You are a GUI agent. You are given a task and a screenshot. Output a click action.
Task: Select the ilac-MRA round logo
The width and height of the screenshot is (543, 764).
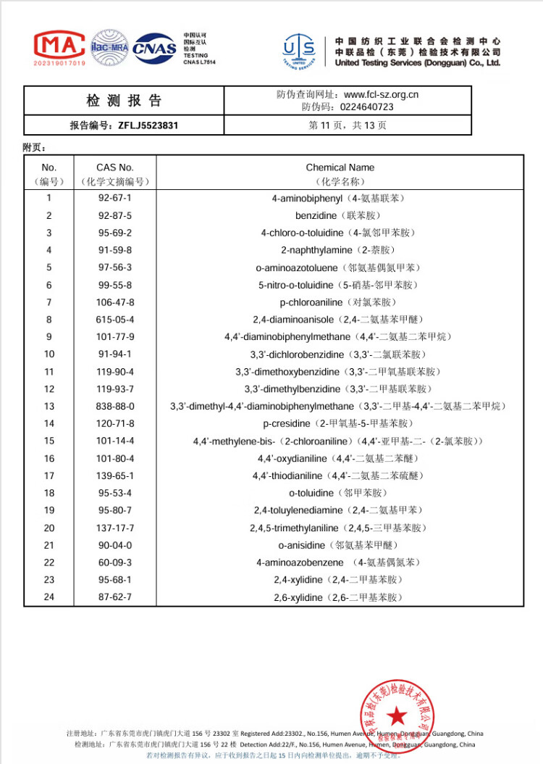(109, 48)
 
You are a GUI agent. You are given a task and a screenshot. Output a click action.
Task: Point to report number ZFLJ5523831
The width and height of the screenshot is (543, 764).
(148, 125)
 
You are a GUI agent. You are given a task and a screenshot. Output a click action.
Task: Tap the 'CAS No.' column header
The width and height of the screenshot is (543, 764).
(115, 167)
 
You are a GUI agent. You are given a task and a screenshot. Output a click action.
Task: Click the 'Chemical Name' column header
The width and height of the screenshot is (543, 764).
(340, 167)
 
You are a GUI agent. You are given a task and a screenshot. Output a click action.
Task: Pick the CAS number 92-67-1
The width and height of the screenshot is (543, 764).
(115, 198)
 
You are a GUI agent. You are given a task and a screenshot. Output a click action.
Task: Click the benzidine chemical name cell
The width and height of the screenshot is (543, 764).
(340, 215)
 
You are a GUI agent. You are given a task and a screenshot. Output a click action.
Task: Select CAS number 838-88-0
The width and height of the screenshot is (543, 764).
(115, 407)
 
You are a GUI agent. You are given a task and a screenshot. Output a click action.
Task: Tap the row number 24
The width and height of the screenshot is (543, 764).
(49, 598)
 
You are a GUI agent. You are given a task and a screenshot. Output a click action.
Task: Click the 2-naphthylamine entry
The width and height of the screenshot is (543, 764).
(340, 250)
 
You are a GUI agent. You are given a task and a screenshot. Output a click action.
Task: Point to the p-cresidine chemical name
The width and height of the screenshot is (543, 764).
(340, 424)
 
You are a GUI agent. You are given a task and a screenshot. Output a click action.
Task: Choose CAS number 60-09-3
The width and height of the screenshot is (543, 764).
(115, 563)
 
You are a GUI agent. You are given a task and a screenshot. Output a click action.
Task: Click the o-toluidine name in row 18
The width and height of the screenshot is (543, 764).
(340, 494)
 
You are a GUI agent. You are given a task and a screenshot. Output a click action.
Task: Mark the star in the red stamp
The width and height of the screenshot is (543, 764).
(397, 716)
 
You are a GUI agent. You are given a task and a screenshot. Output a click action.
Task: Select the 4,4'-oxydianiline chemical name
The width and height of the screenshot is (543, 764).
(340, 459)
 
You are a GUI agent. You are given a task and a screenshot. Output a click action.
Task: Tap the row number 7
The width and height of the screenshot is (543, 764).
(49, 302)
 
